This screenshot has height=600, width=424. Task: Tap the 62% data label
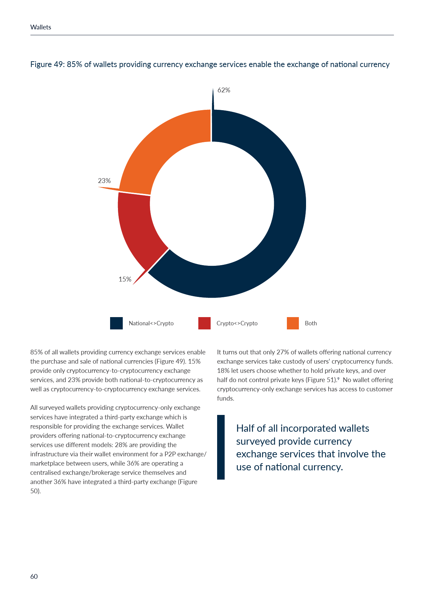click(224, 90)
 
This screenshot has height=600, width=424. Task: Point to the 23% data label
click(104, 181)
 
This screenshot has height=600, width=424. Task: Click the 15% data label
click(125, 279)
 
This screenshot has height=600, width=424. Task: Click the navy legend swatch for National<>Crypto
click(116, 323)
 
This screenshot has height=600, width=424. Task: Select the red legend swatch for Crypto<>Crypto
click(204, 323)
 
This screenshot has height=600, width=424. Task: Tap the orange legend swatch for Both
click(293, 323)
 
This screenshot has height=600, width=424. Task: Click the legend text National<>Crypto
click(151, 323)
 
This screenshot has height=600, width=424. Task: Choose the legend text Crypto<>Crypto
click(237, 323)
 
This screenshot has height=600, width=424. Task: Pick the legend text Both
click(311, 323)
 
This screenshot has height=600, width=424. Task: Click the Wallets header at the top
click(41, 27)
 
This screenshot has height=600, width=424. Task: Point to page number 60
click(34, 576)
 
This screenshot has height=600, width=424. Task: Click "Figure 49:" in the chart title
click(47, 64)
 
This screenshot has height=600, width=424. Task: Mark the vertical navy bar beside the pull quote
click(221, 447)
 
